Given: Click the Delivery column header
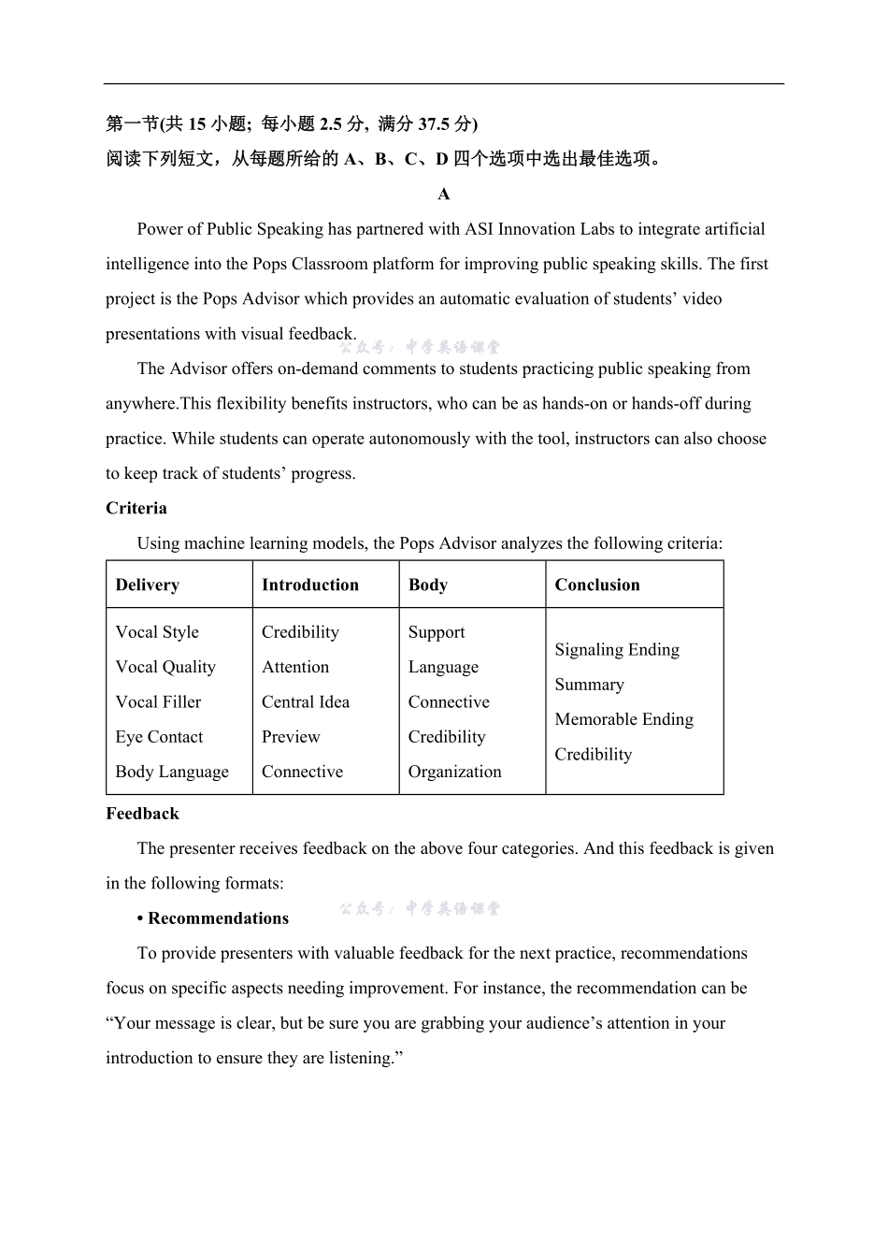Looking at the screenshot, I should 147,585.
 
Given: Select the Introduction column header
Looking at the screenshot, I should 309,585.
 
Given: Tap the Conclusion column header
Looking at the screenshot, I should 596,585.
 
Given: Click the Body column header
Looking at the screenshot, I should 427,585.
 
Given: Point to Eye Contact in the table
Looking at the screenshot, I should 159,737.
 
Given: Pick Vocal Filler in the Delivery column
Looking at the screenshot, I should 158,702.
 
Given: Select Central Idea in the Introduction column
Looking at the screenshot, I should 305,702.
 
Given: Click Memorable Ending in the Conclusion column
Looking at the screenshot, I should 623,720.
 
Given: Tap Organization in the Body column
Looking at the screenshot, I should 454,773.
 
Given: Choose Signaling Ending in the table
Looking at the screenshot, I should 616,650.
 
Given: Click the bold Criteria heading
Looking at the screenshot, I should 136,509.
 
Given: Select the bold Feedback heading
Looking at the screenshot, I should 142,814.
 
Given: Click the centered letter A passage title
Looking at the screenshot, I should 444,195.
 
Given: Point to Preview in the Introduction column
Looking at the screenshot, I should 291,737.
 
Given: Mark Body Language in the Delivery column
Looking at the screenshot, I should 172,773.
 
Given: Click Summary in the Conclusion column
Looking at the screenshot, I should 589,685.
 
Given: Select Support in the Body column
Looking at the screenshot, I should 436,632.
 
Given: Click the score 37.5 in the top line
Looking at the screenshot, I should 433,124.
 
